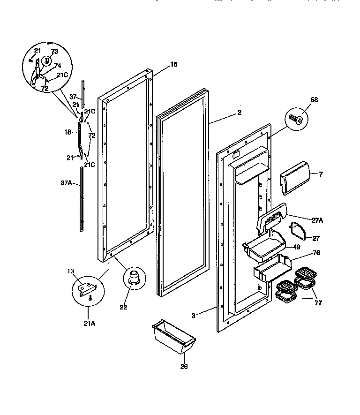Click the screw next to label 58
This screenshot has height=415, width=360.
pyautogui.click(x=295, y=118)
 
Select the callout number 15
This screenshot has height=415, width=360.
pyautogui.click(x=173, y=64)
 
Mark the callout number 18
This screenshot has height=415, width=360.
pyautogui.click(x=67, y=132)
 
